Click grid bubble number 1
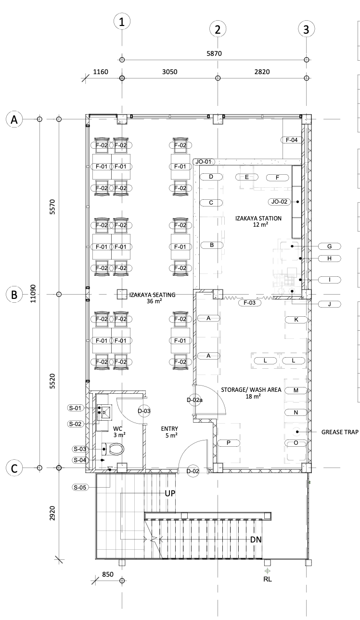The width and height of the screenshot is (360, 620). pos(122,22)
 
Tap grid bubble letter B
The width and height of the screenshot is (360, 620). pos(14,295)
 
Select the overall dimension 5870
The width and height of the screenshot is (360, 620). pos(214,53)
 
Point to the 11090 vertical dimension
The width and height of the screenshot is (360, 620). pos(33,294)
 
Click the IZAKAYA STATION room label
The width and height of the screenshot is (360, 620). pos(258,221)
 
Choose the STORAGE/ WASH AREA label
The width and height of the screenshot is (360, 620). pos(251,393)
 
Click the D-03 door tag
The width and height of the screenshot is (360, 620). pos(144,411)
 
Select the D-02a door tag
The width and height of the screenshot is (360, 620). pos(194,400)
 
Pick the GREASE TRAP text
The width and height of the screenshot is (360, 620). pos(340,432)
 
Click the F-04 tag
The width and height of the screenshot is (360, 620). pos(292,140)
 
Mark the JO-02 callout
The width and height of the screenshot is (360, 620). pos(279,202)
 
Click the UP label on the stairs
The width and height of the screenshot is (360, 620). pos(170,493)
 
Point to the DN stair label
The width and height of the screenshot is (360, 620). pos(256,540)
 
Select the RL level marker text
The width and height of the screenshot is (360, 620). pos(268,579)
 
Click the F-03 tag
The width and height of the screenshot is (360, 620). pos(250,303)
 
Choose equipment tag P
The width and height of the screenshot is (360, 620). pos(229,443)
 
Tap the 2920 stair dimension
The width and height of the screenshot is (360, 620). pos(52,513)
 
